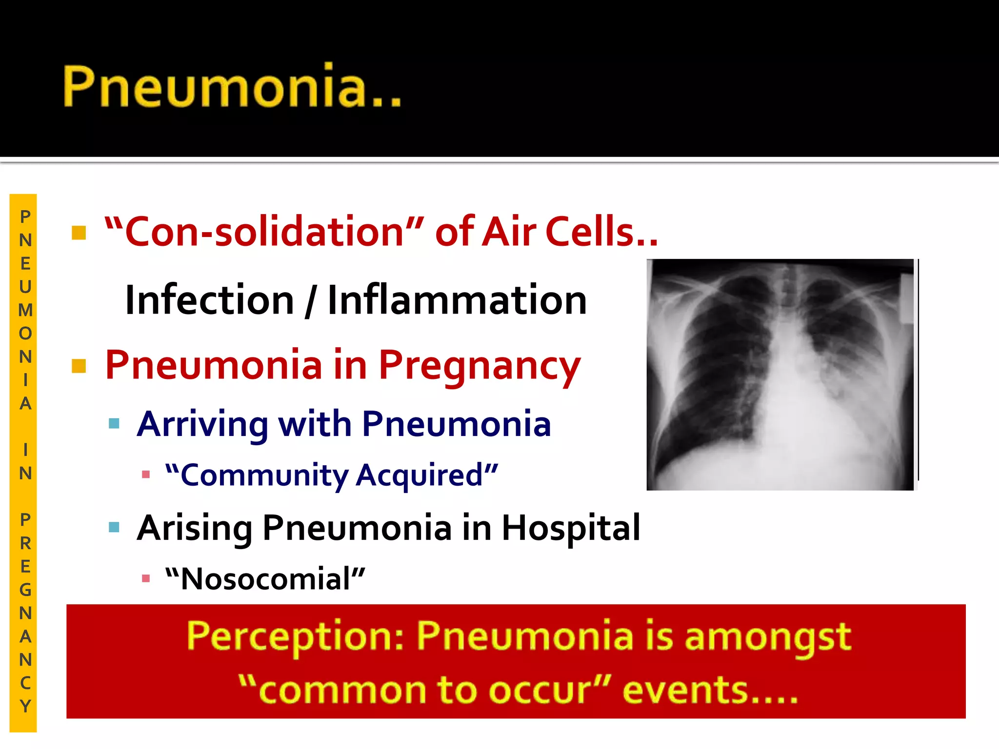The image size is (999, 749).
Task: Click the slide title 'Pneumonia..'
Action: (x=232, y=87)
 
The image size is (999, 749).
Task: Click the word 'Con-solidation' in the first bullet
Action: (x=263, y=231)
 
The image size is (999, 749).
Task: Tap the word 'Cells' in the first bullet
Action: (x=592, y=231)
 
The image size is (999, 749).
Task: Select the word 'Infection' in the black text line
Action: (x=210, y=300)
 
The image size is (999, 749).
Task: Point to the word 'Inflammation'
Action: (x=457, y=300)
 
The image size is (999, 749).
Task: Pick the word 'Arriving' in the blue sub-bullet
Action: (x=203, y=424)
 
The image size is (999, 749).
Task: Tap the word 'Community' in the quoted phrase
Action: (x=264, y=475)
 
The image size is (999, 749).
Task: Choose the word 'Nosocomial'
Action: (x=265, y=579)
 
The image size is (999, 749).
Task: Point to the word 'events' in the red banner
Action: (x=685, y=690)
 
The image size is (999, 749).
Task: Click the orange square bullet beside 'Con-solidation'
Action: (x=79, y=233)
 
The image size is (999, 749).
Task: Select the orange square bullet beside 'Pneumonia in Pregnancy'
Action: (x=79, y=366)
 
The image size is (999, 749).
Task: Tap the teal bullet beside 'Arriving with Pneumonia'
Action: (x=114, y=423)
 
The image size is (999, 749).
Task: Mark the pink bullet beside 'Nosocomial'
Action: (x=145, y=579)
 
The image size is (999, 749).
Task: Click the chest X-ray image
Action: (x=780, y=374)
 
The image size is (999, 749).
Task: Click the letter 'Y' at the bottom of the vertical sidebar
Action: (x=25, y=706)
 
